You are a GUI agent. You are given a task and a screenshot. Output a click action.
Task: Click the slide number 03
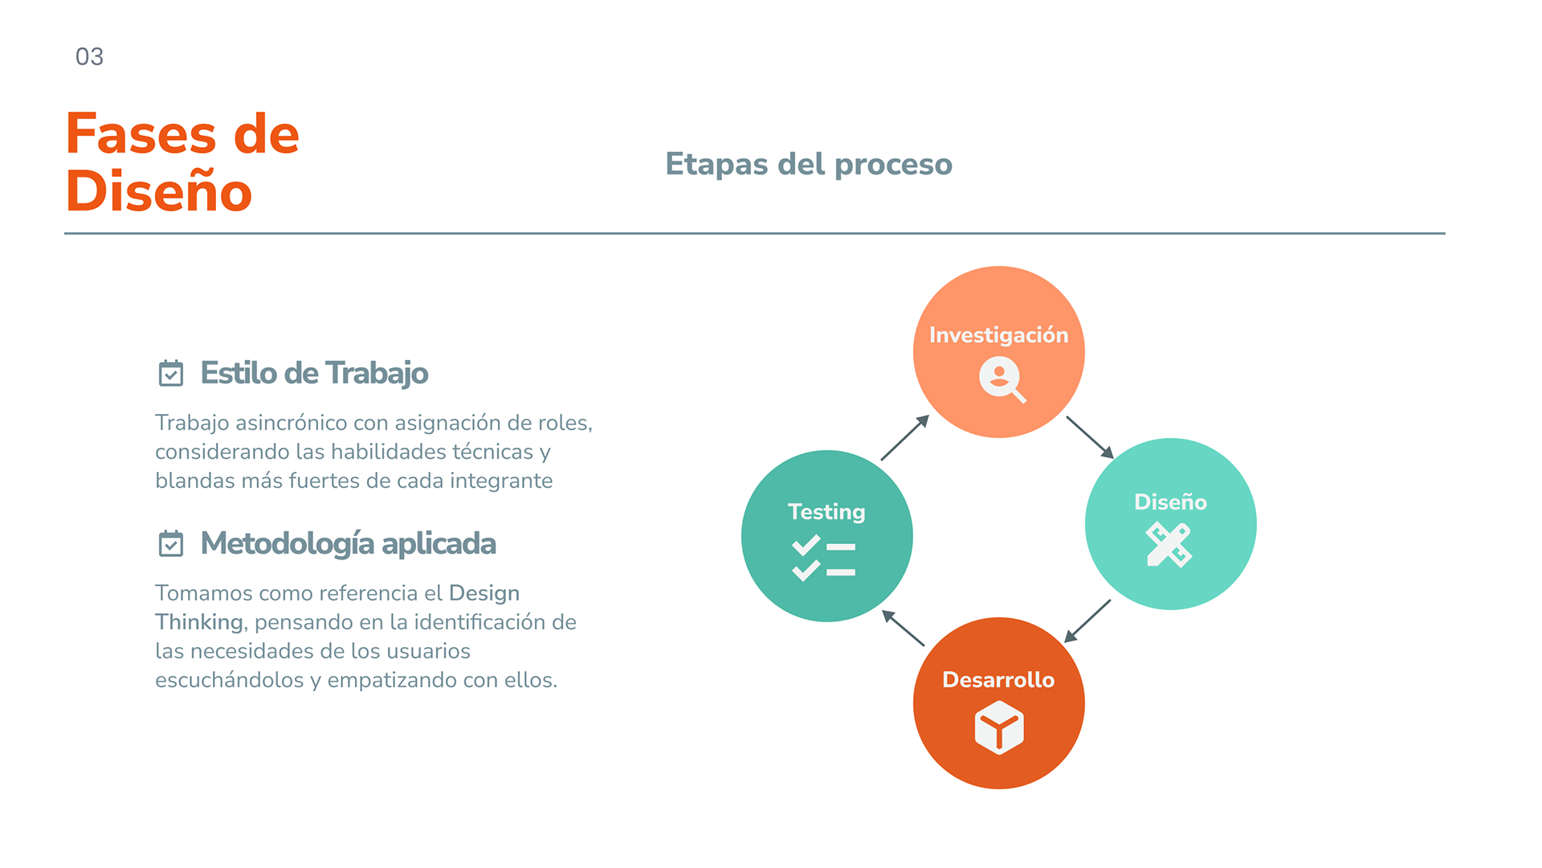click(89, 57)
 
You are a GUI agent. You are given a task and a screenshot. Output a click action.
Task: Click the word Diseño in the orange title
click(159, 192)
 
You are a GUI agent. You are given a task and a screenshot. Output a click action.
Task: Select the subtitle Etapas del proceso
click(809, 164)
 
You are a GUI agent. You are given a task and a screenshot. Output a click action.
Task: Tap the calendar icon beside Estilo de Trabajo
click(171, 374)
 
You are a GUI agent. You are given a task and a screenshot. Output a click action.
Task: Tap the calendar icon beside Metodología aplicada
click(171, 544)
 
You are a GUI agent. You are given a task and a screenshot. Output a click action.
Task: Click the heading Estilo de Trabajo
click(314, 374)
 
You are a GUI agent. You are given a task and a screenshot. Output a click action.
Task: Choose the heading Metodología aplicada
click(348, 544)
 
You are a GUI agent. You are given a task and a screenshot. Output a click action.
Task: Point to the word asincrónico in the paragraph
click(292, 423)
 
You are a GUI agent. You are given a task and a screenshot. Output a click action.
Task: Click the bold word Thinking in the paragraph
click(198, 622)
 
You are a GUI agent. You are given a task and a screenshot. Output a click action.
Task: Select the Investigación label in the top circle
click(998, 335)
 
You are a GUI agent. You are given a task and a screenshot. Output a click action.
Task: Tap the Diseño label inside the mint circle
click(1170, 502)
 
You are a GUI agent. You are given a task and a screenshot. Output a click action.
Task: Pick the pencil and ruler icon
click(1169, 545)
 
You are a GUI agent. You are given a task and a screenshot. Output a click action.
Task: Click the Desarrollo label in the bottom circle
click(998, 680)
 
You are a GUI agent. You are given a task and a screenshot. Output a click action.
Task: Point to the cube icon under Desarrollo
click(999, 727)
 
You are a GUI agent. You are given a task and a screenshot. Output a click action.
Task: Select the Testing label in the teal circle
click(826, 512)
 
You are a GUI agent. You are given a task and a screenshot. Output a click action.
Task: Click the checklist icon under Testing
click(824, 558)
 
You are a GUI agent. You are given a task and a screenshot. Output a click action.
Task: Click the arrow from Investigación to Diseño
click(1090, 437)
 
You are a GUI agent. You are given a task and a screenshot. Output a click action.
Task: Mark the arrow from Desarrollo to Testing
click(904, 628)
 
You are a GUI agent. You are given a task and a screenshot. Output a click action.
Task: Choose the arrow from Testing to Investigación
click(905, 437)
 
